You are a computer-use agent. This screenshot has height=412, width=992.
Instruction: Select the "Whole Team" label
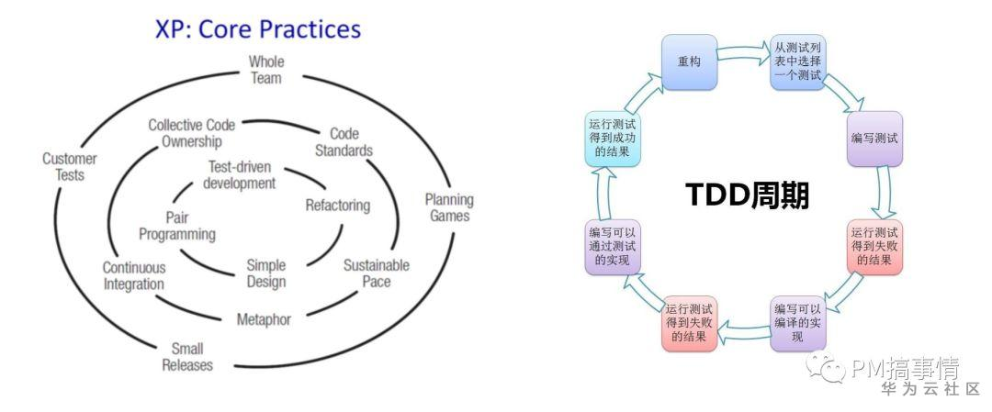click(x=266, y=70)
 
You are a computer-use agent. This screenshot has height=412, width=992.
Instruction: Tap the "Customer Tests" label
click(x=69, y=166)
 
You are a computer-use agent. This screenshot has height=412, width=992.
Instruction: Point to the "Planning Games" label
click(x=449, y=207)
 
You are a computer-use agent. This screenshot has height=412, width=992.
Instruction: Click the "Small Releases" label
click(x=187, y=357)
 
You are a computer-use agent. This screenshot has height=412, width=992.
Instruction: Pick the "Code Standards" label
click(x=344, y=141)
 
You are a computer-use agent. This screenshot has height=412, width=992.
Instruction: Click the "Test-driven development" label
click(x=241, y=175)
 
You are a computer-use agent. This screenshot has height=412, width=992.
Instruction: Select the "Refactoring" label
click(x=338, y=205)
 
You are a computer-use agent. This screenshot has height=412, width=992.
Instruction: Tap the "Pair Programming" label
click(x=177, y=226)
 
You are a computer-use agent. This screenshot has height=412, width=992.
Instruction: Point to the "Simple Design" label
click(x=266, y=273)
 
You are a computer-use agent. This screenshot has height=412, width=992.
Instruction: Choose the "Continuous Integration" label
click(x=134, y=275)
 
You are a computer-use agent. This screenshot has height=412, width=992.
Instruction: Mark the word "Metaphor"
click(x=264, y=319)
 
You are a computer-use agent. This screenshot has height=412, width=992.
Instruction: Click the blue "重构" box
click(x=689, y=62)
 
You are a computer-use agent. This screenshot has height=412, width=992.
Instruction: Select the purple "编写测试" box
click(x=874, y=139)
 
